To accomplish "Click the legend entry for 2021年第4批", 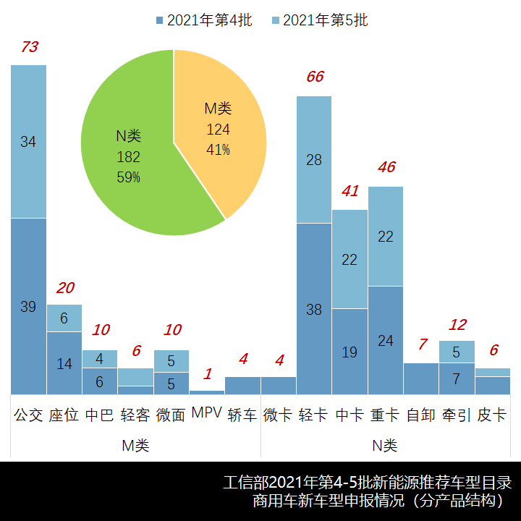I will (203, 20).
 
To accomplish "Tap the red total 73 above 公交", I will (29, 48).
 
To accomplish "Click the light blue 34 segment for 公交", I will (28, 142).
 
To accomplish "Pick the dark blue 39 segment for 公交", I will (28, 306).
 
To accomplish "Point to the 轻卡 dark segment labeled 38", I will (314, 309).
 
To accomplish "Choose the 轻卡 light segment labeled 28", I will (314, 159).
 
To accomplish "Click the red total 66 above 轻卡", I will (315, 77).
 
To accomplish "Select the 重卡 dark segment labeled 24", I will (386, 340).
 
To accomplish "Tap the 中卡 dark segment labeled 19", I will (350, 352).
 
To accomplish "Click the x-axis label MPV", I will (207, 414).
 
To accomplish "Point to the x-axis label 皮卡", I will (493, 415).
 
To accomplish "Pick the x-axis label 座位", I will (64, 415).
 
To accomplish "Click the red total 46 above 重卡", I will (386, 167).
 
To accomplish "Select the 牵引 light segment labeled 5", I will (457, 352).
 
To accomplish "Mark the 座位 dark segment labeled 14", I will (64, 363).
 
